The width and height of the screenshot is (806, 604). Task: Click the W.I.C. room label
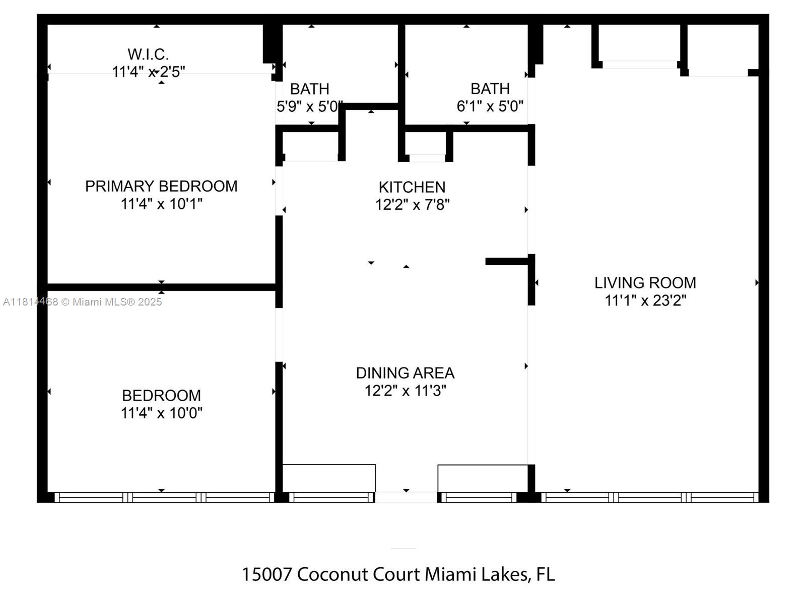148,54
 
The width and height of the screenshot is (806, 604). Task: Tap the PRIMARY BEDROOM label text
161,186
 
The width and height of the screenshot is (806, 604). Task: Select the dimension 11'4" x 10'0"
161,413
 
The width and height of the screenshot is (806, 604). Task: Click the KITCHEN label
412,187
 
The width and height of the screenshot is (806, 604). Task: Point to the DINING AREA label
405,373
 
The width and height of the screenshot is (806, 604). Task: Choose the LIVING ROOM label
645,283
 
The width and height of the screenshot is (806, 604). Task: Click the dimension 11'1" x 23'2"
645,301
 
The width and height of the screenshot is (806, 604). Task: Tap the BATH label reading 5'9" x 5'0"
309,89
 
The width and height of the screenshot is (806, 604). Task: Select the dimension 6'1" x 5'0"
490,107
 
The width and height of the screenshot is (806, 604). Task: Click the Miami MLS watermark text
83,302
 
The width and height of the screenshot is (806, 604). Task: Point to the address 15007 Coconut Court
398,574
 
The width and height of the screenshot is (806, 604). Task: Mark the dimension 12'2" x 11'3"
405,391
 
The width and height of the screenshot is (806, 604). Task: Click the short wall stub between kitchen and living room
506,261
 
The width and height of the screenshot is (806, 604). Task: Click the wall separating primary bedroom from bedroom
161,287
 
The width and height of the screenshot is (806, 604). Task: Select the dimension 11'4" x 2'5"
148,72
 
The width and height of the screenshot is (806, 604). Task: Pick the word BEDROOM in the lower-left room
161,396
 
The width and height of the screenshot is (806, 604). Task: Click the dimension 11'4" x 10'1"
161,204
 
